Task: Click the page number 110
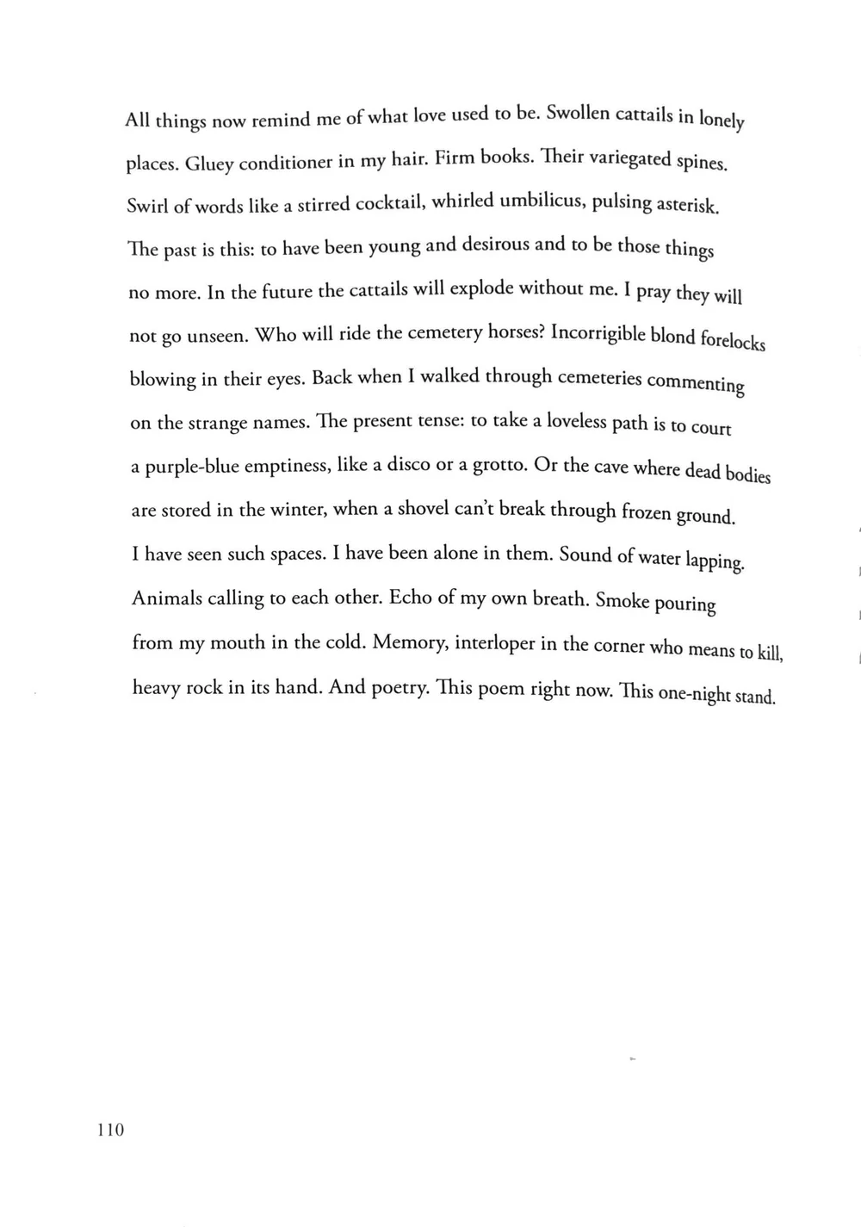110,1129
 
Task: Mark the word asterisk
687,206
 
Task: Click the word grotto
499,465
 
